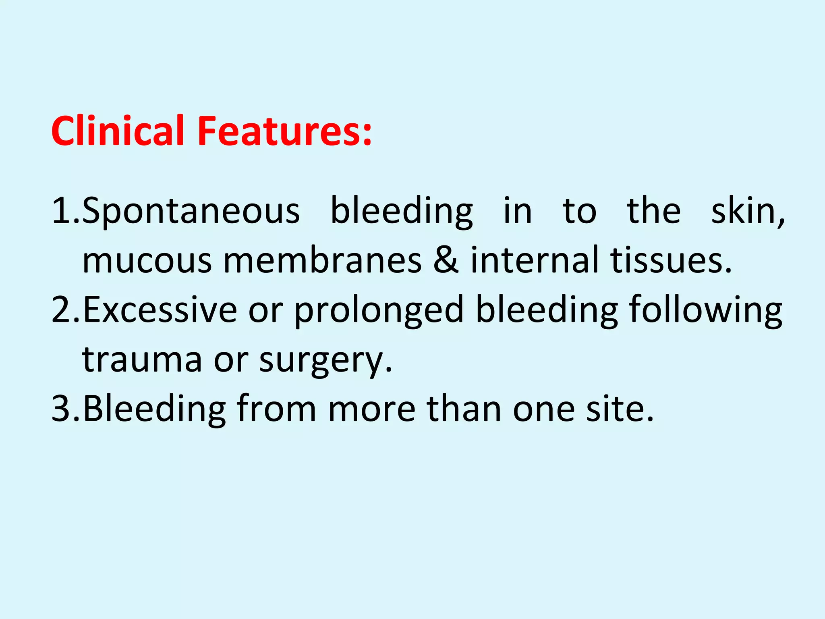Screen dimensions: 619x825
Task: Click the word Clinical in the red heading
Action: coord(118,131)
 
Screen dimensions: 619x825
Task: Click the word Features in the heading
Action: coord(284,131)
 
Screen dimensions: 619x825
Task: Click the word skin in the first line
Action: coord(748,211)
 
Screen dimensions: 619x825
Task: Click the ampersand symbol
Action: coord(446,260)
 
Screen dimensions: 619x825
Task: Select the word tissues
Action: coord(670,260)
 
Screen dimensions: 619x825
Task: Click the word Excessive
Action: coord(160,309)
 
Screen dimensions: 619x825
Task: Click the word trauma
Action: coord(142,359)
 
